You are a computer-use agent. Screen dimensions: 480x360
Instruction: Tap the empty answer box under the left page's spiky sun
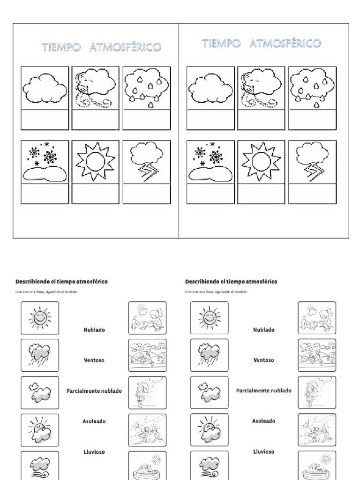click(95, 194)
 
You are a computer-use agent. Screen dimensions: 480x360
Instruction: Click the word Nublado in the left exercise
click(94, 330)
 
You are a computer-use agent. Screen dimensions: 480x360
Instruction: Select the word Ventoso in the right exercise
click(264, 360)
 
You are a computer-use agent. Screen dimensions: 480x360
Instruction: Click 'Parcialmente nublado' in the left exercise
click(94, 391)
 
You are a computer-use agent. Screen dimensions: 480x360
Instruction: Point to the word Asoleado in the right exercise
click(264, 421)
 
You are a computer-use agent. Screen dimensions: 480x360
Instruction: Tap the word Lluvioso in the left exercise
click(94, 452)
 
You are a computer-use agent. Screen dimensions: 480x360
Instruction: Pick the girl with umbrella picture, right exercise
click(317, 392)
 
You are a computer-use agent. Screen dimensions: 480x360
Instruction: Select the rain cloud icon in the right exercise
click(210, 355)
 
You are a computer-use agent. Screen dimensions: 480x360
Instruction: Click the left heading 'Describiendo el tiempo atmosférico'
click(61, 282)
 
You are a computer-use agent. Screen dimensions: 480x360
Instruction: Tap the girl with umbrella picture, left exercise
click(147, 392)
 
